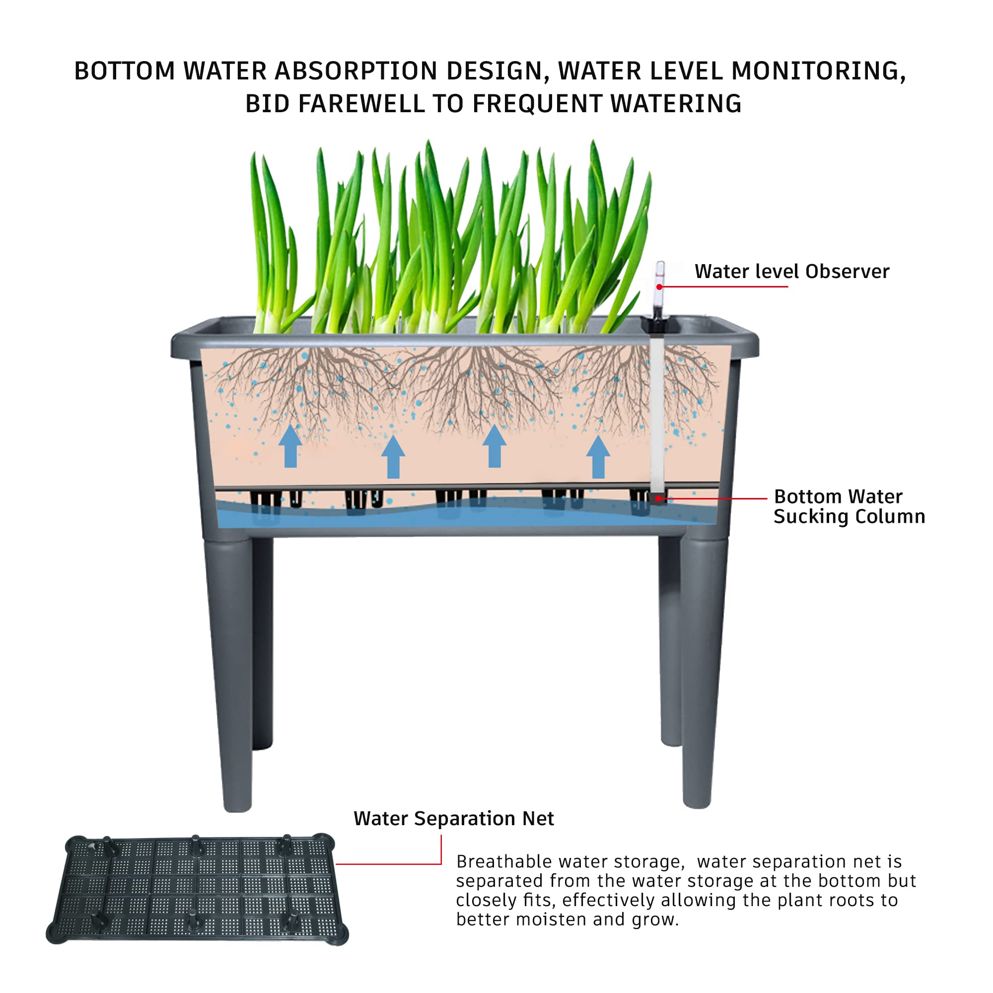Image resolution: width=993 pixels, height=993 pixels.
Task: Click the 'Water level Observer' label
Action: [x=791, y=272]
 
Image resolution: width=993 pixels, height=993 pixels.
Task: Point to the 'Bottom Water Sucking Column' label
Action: [x=849, y=506]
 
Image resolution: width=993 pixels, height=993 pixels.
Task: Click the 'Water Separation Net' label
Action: [x=453, y=819]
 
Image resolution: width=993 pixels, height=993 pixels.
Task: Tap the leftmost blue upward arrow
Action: [x=290, y=446]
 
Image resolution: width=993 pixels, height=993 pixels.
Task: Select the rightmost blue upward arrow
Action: [x=598, y=457]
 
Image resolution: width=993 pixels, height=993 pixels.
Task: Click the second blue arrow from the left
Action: [x=393, y=457]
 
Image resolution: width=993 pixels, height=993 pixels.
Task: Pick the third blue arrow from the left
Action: [x=495, y=446]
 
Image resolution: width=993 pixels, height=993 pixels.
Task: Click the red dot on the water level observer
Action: [x=659, y=287]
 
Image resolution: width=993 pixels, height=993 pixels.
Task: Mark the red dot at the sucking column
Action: [x=658, y=498]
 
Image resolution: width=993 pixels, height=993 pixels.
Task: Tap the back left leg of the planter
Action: [x=263, y=642]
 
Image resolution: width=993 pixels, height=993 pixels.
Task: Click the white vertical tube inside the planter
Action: [x=657, y=411]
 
